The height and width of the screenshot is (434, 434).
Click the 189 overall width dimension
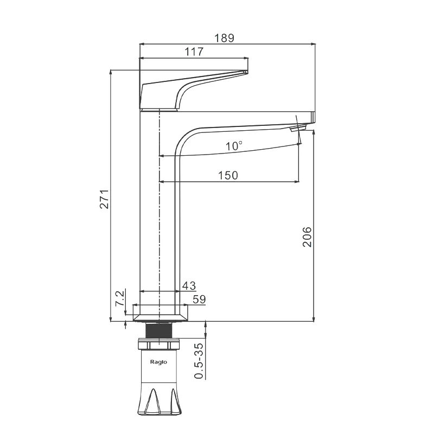(x=224, y=38)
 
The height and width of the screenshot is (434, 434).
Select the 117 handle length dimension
(x=194, y=52)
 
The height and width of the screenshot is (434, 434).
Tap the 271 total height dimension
(x=105, y=199)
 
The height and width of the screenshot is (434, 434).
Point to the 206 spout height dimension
(x=307, y=237)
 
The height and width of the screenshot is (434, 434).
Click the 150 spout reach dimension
(x=228, y=175)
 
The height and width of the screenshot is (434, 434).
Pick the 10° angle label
(x=234, y=146)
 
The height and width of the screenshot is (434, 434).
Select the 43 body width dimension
(x=189, y=286)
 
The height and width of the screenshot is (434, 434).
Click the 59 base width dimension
(x=199, y=299)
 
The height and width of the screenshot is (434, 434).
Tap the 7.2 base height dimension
(x=119, y=298)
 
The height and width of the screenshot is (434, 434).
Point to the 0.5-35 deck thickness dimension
(x=199, y=361)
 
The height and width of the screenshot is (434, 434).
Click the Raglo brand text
(x=158, y=362)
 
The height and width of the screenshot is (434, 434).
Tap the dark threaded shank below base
(x=159, y=330)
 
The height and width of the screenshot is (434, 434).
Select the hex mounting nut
(x=159, y=344)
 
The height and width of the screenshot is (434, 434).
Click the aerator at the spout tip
(x=297, y=128)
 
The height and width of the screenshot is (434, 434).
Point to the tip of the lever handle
(x=247, y=72)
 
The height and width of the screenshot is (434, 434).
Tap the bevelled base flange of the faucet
(x=160, y=318)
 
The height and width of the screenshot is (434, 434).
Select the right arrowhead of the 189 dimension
(x=313, y=44)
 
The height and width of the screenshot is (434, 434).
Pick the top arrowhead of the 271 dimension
(x=111, y=72)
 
